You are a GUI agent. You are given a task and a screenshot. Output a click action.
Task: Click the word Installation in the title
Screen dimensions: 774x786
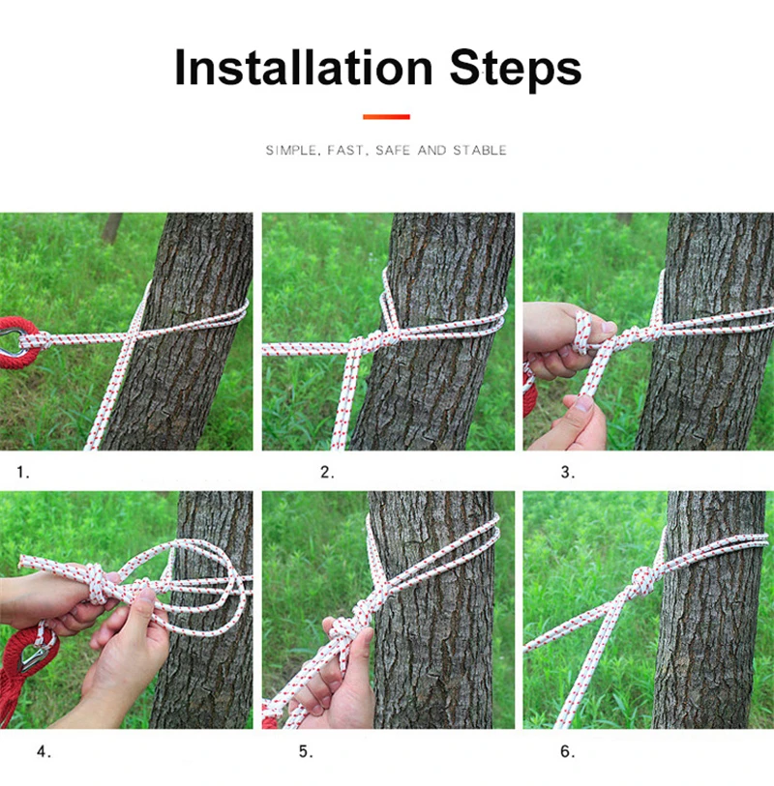coord(304,67)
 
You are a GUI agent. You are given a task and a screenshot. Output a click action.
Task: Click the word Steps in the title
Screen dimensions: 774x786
coord(516,69)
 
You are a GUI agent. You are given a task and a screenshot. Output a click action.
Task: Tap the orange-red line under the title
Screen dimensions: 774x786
coord(386,117)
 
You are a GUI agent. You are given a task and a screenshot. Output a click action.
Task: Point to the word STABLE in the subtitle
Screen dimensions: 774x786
coord(480,151)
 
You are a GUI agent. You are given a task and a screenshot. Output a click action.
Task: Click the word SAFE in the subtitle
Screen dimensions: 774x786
coord(393,151)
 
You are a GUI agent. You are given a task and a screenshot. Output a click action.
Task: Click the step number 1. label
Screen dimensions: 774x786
coord(23,472)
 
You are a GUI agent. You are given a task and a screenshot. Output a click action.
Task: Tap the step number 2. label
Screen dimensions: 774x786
coord(327,472)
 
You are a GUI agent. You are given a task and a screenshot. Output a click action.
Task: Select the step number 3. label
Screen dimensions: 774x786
coord(567,472)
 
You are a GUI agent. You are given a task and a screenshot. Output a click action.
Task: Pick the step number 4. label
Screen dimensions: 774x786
coord(44,751)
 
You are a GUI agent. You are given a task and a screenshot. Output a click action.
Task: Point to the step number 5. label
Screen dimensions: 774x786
coord(306,751)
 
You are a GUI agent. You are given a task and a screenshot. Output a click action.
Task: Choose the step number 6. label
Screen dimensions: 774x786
coord(567,751)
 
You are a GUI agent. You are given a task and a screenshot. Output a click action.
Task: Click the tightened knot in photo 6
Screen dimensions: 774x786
coord(643,580)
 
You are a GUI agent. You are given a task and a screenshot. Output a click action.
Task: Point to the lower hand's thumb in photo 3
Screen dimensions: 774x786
coord(582,403)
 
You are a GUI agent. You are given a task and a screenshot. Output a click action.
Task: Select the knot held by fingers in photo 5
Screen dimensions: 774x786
coord(346,630)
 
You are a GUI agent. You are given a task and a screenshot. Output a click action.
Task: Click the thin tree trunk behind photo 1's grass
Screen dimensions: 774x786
coord(112,228)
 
